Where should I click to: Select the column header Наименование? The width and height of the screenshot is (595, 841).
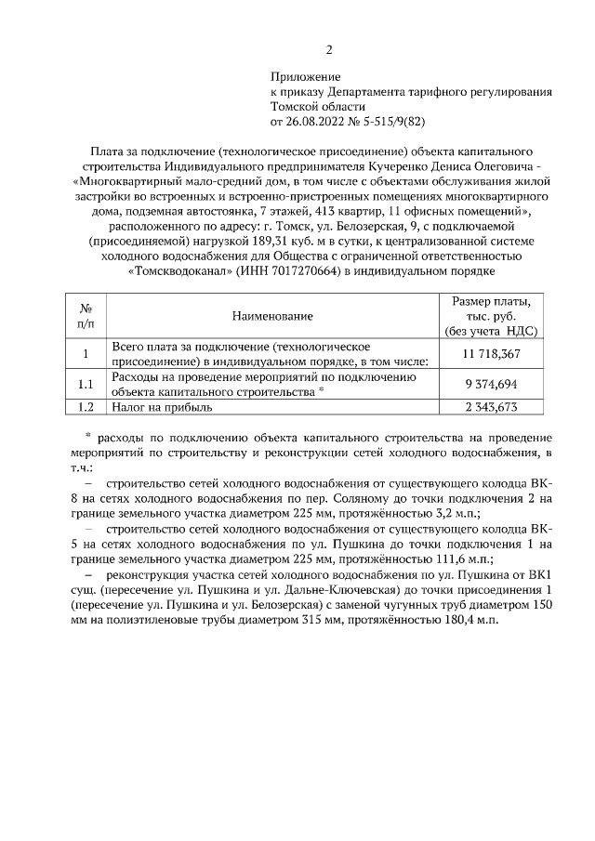click(272, 318)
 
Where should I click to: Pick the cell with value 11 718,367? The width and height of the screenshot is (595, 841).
click(491, 354)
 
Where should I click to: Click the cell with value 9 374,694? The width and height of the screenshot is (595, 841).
click(491, 384)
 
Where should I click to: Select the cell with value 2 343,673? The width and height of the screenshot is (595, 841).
click(491, 407)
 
